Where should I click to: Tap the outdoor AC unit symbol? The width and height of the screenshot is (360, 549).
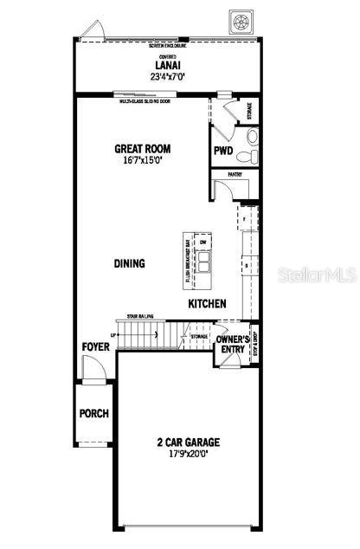[239, 19]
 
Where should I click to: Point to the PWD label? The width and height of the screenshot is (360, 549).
[223, 150]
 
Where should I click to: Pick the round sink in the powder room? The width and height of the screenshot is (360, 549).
[250, 136]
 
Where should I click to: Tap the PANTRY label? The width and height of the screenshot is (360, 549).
[235, 174]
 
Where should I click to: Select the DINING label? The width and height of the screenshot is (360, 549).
[130, 264]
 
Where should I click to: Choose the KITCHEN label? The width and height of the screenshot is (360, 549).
[208, 304]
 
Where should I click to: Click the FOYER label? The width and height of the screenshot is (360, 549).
[95, 346]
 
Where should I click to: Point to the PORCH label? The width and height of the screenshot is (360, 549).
[94, 413]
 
